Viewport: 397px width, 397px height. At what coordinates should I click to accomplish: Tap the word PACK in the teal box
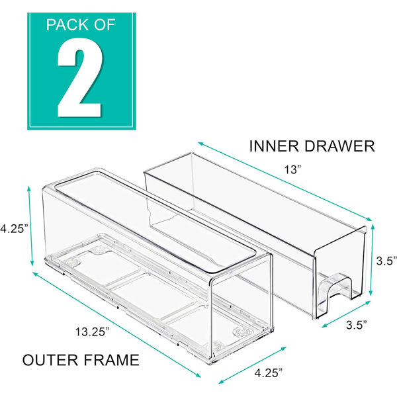coord(65,25)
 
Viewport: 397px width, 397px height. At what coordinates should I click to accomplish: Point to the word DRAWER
coord(339,146)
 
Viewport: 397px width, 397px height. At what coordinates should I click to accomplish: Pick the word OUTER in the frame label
coord(50,360)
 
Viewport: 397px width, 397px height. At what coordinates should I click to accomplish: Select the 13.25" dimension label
coord(93,331)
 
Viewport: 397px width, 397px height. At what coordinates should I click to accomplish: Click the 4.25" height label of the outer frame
coord(13,229)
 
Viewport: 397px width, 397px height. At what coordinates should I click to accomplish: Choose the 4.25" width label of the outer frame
coord(269,373)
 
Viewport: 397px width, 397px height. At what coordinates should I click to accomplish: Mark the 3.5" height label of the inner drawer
coord(386,261)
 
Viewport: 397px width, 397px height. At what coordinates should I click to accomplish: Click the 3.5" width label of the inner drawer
coord(357,325)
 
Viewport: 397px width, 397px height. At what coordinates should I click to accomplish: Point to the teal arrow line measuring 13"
coord(285,181)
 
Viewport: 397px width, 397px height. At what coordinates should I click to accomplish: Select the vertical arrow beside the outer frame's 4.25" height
coord(30,226)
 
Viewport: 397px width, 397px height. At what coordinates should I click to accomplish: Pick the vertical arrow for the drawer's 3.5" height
coord(372,260)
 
